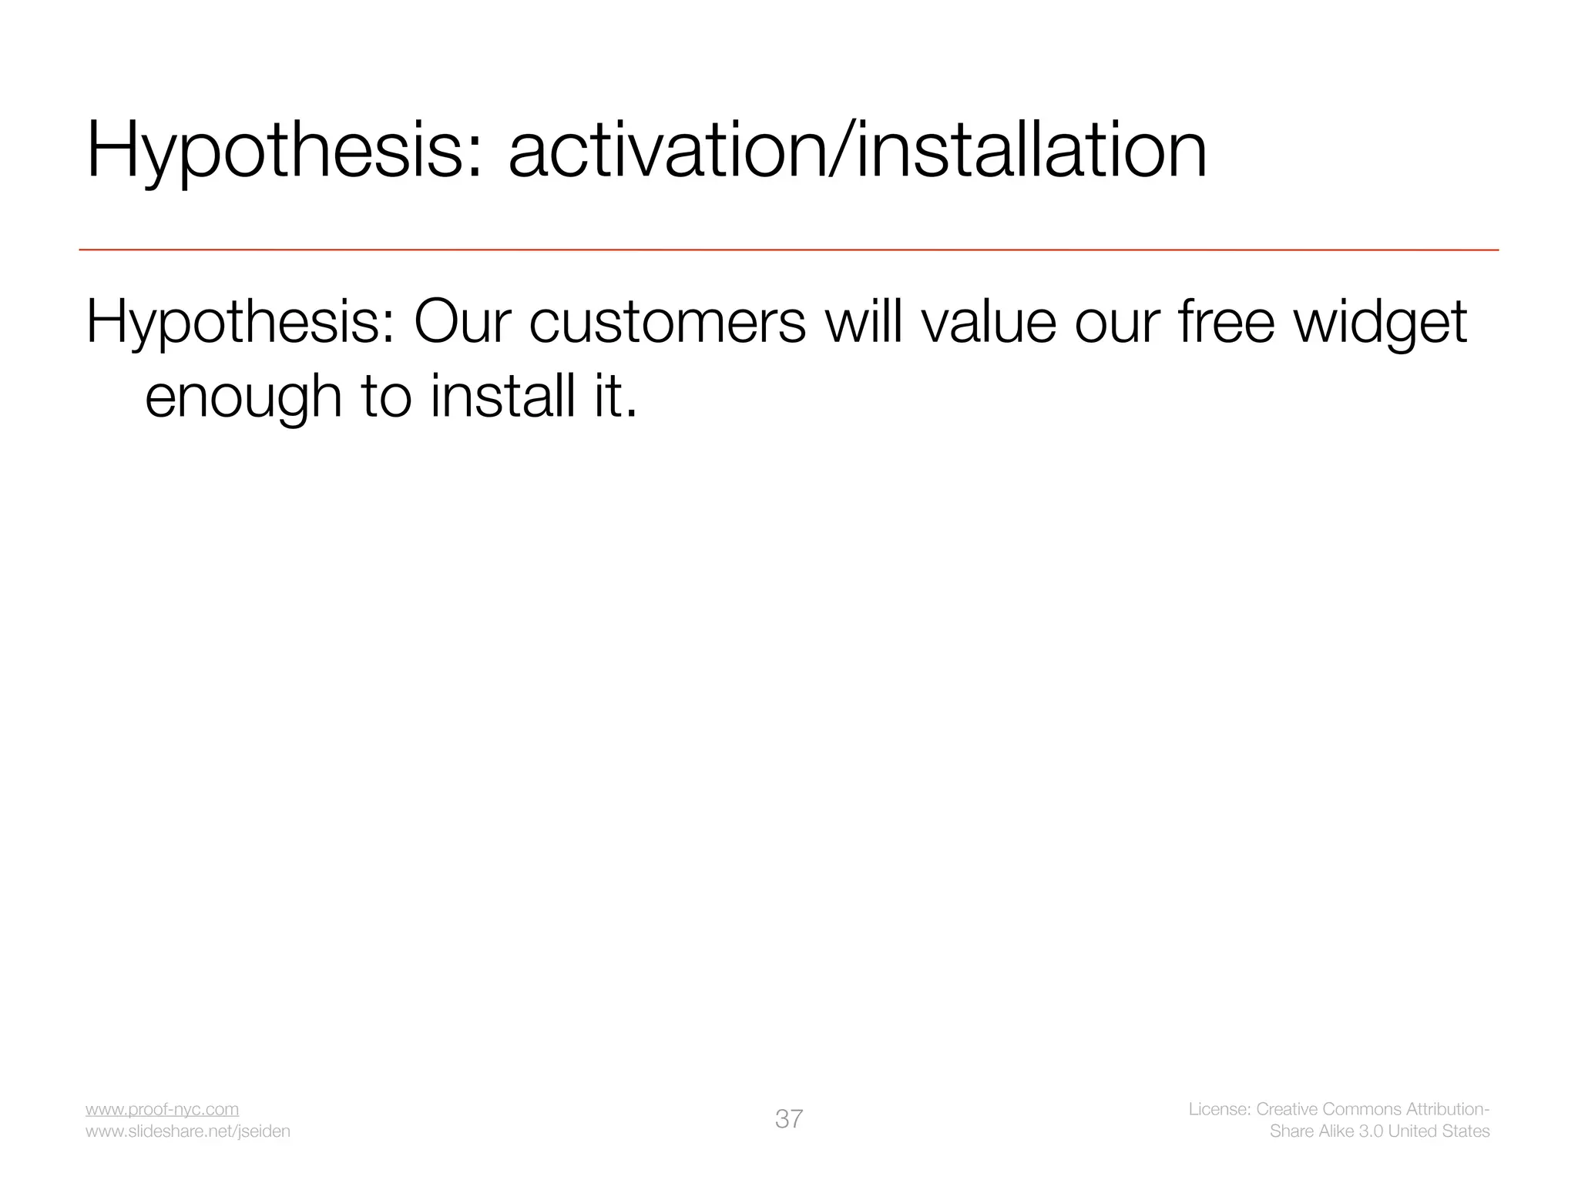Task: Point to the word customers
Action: (667, 322)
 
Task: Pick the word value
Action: (989, 322)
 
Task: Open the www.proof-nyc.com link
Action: (162, 1109)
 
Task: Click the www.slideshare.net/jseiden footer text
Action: (188, 1131)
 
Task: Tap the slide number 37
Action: (789, 1119)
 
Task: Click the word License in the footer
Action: (1219, 1109)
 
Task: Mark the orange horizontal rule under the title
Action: (789, 250)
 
